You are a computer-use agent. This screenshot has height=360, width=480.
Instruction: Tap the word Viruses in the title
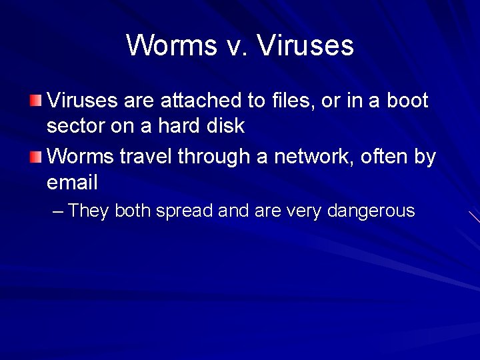pyautogui.click(x=305, y=45)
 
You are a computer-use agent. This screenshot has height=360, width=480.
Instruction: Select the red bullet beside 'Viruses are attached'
pyautogui.click(x=35, y=101)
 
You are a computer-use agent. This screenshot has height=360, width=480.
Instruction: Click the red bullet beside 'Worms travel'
pyautogui.click(x=35, y=157)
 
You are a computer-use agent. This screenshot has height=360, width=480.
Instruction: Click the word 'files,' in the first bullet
pyautogui.click(x=291, y=101)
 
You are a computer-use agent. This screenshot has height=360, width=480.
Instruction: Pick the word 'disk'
pyautogui.click(x=227, y=125)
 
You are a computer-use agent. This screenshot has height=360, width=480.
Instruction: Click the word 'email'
pyautogui.click(x=73, y=182)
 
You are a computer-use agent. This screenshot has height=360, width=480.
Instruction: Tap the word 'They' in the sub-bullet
pyautogui.click(x=89, y=211)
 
